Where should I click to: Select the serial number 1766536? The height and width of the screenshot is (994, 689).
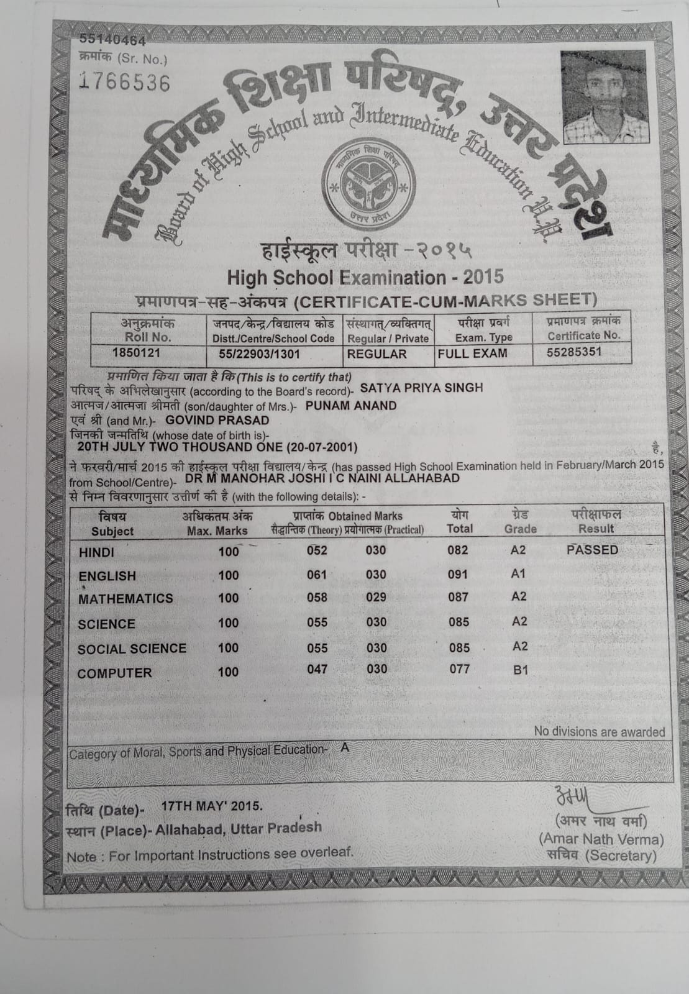pos(125,83)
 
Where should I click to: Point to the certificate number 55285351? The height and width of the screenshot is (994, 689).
pos(574,352)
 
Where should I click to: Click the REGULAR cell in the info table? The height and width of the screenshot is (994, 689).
pos(376,354)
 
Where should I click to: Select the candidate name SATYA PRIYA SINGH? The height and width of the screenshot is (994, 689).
pos(421,388)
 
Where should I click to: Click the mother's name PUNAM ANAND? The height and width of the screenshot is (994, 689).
pos(351,406)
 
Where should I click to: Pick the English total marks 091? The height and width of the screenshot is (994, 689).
pos(458,575)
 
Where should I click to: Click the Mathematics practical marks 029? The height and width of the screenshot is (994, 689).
pos(376,597)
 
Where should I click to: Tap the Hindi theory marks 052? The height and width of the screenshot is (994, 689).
pos(317,550)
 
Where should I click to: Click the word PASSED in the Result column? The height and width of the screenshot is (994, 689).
pos(592,550)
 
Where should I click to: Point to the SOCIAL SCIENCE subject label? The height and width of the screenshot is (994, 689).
pos(132,649)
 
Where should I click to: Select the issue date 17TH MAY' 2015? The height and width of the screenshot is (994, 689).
pos(211,806)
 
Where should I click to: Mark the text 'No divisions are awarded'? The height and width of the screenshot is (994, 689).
pos(599,732)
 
